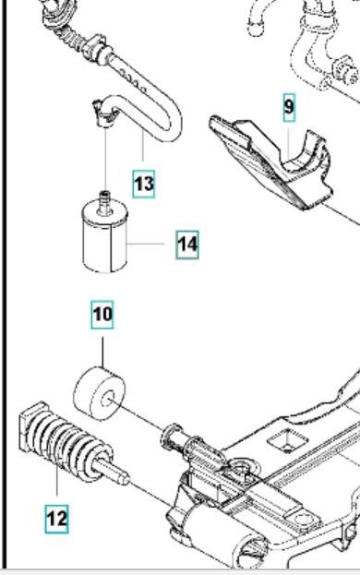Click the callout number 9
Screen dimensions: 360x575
tap(289, 107)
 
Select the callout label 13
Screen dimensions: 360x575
tap(144, 184)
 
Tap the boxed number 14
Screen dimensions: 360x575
tap(187, 245)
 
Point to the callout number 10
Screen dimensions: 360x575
tap(102, 315)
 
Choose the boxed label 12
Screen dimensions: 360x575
tap(57, 519)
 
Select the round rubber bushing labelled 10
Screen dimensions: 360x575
tap(100, 393)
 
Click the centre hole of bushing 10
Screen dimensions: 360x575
tap(107, 399)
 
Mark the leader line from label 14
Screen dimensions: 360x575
tap(146, 244)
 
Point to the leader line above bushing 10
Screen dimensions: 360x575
tap(102, 352)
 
